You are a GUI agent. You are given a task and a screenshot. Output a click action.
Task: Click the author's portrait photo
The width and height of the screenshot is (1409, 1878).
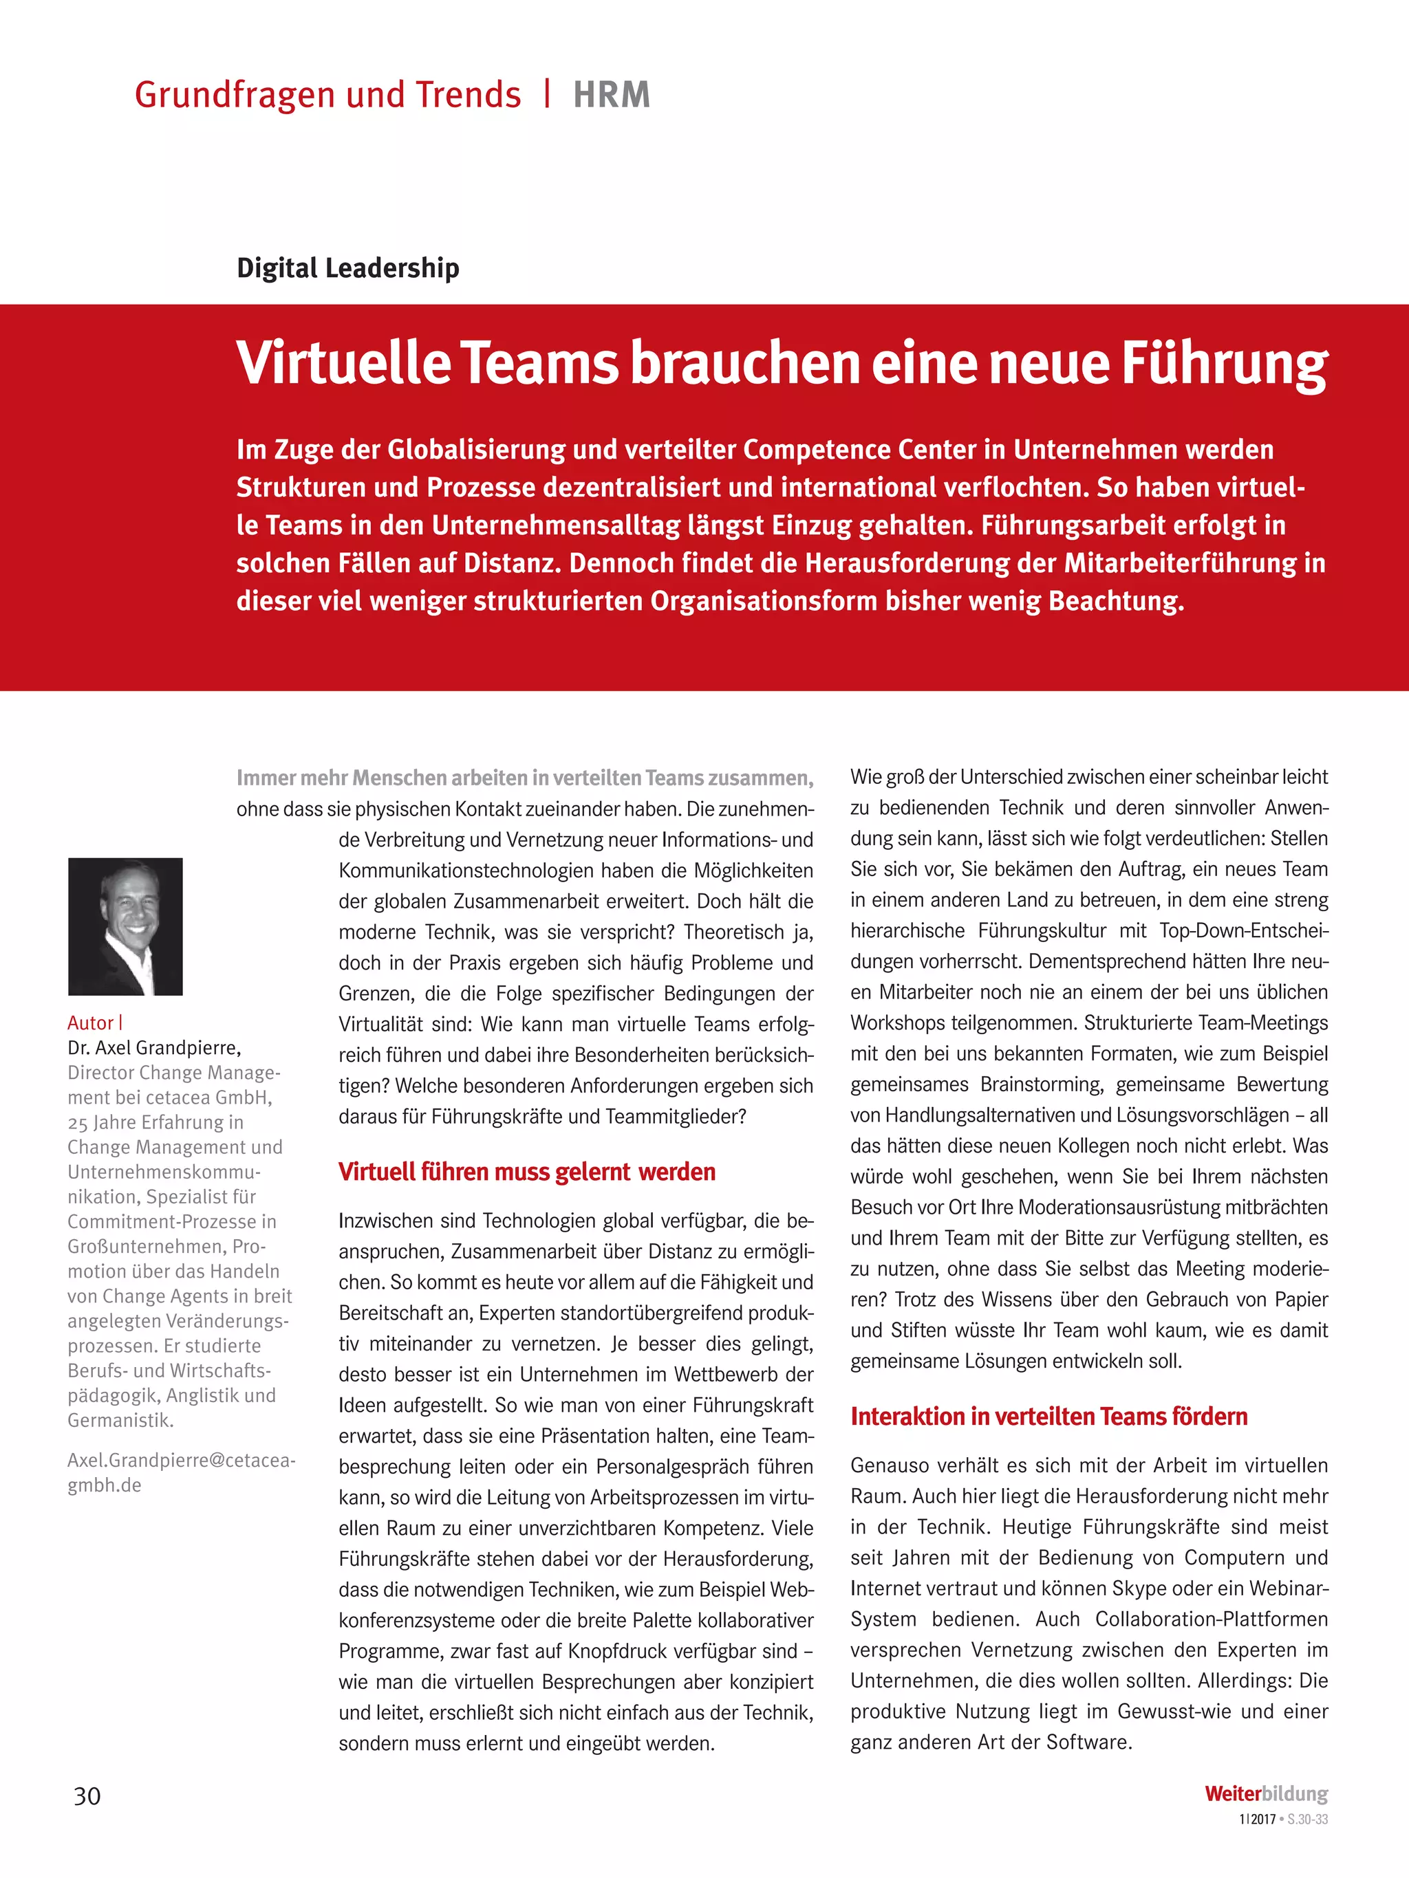tap(126, 926)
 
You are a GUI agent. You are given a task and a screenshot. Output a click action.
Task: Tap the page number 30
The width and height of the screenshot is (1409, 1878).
tap(87, 1795)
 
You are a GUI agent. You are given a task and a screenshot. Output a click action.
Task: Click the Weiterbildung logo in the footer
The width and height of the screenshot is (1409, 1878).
tap(1265, 1794)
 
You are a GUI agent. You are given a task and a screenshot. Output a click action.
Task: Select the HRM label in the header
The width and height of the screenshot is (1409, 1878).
tap(612, 95)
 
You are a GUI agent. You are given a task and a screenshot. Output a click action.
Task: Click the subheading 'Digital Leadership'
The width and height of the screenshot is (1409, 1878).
tap(348, 268)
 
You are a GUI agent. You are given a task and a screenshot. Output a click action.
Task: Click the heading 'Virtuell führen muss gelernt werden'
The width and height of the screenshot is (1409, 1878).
tap(526, 1172)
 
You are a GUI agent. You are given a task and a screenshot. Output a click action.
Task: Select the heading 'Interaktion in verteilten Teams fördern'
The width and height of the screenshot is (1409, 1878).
tap(1049, 1417)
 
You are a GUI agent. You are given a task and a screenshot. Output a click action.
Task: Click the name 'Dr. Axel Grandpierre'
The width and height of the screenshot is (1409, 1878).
tap(153, 1048)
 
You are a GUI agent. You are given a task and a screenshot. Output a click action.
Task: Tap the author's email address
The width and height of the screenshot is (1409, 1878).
tap(181, 1472)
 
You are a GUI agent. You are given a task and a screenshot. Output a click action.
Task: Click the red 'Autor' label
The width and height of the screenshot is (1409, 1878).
tap(90, 1023)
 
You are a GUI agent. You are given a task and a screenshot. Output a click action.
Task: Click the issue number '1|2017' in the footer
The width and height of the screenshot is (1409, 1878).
tap(1257, 1820)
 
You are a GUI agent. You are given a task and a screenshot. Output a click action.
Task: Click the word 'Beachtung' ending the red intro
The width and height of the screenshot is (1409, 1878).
tap(1115, 601)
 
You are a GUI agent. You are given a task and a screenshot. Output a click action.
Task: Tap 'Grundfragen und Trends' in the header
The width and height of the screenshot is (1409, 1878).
tap(328, 95)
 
